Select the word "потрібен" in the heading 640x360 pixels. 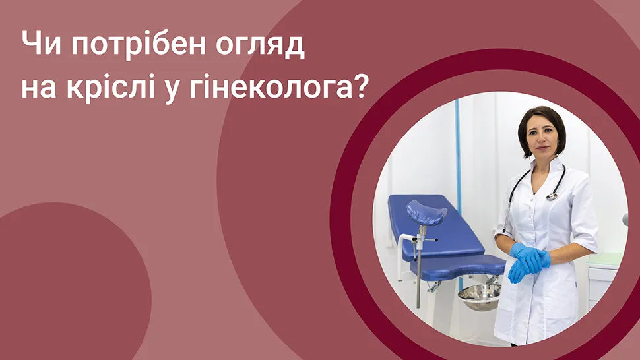coord(139,45)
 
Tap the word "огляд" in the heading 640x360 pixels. coord(260,45)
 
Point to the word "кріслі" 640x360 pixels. coord(111,86)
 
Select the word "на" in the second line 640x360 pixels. coord(39,89)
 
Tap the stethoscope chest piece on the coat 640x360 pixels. coord(552,197)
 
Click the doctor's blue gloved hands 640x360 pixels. coord(529,260)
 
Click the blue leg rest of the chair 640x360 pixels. coord(426,212)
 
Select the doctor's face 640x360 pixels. coord(542,137)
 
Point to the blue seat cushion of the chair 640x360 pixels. coord(458,266)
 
